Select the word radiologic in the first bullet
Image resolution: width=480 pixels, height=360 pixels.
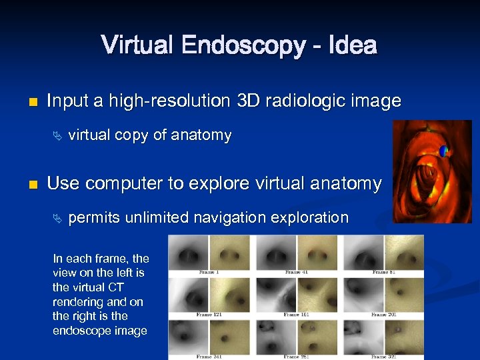tap(305, 101)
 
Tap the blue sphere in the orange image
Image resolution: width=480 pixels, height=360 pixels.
tap(443, 151)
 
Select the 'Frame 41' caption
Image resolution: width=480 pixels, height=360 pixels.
tap(296, 272)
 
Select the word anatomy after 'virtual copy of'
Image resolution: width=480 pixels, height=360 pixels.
tap(201, 136)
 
